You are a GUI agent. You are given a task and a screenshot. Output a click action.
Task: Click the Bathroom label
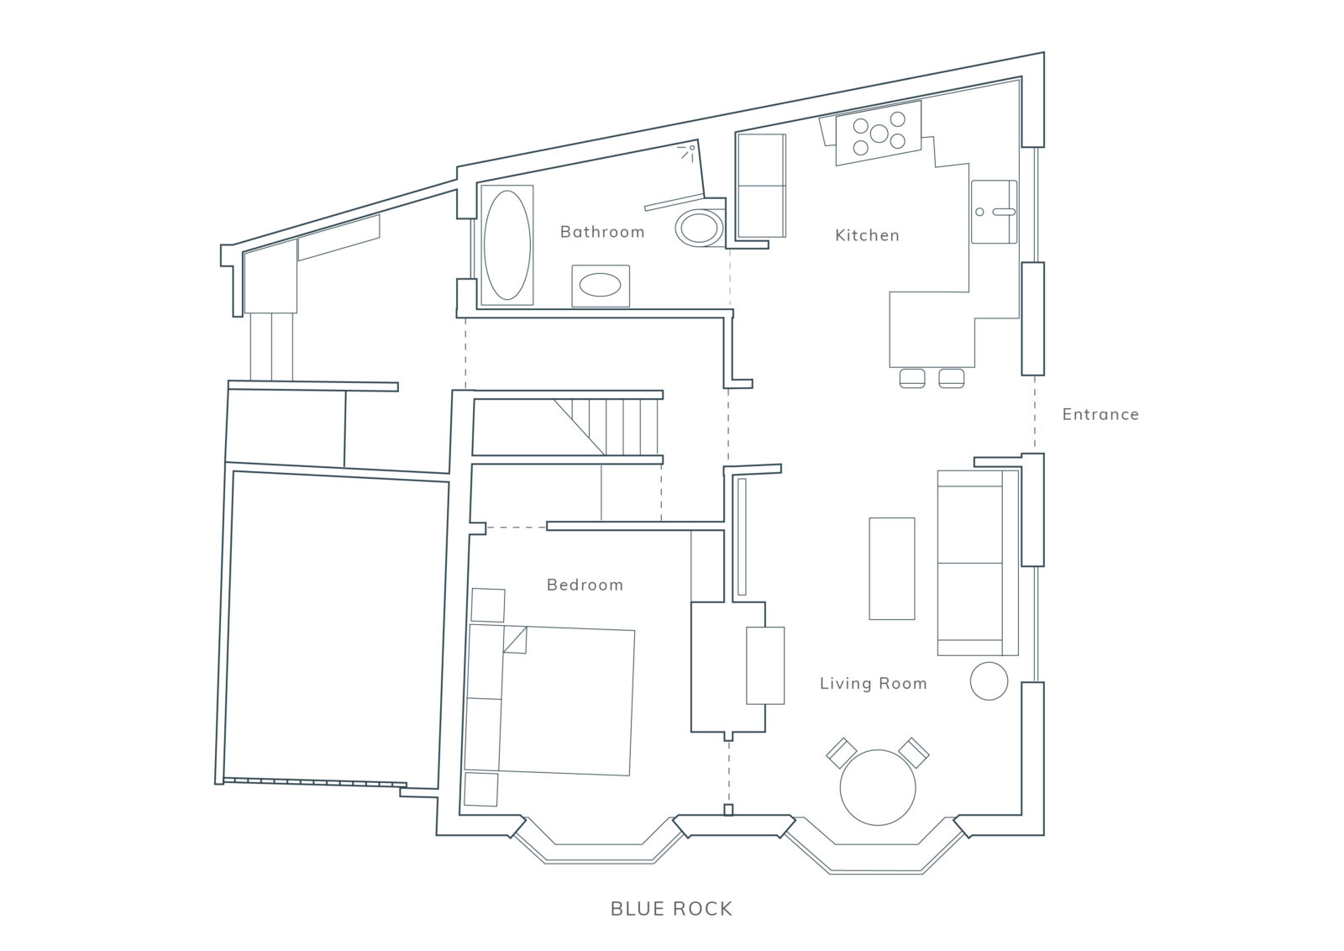602,232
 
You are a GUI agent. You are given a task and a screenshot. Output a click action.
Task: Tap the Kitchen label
867,235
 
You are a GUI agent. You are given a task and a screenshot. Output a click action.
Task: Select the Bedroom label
585,585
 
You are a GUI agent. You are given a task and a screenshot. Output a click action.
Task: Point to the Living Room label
873,683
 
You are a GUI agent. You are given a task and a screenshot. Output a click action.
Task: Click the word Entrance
1100,414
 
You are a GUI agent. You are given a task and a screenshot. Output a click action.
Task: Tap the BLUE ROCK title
671,909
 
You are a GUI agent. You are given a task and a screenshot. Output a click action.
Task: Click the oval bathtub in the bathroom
507,244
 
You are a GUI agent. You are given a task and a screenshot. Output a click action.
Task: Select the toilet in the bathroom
700,228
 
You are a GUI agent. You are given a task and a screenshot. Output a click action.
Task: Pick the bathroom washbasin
601,286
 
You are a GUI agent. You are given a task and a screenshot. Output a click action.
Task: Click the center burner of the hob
879,134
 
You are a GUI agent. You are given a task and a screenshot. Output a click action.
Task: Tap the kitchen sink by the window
995,212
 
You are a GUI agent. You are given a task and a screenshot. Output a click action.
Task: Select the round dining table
878,787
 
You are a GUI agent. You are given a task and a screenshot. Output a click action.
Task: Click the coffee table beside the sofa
892,569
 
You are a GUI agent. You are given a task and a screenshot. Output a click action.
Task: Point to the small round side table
989,681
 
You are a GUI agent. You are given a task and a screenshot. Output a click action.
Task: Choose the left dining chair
842,753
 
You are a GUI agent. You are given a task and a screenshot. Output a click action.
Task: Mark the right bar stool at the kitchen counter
952,378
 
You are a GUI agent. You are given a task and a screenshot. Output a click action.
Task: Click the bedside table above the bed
488,606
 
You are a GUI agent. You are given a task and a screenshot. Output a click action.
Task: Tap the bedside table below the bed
481,789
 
